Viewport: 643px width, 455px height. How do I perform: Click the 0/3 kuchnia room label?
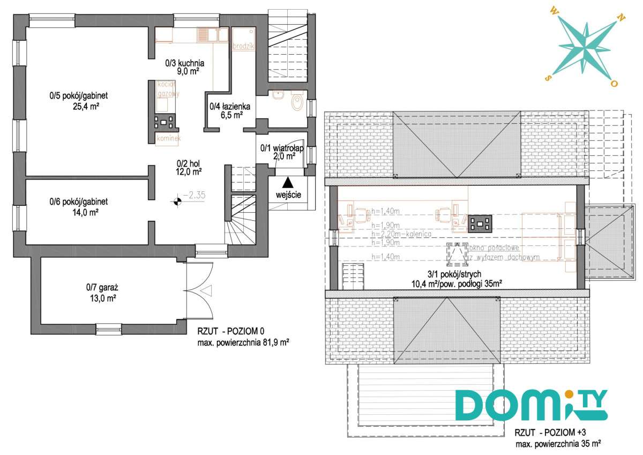click(185, 63)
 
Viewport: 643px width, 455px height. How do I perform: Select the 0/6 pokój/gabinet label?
click(79, 202)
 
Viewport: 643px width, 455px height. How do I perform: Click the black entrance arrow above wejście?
click(288, 182)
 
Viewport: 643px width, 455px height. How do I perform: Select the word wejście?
click(288, 195)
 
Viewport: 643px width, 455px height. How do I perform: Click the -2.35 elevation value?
click(194, 196)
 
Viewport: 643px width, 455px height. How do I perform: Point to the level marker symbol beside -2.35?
click(176, 202)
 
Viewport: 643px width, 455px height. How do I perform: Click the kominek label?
click(168, 139)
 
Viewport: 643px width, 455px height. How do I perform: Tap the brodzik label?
click(243, 47)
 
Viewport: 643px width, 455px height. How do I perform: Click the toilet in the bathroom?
click(297, 102)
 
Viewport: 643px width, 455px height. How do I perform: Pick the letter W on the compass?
click(554, 9)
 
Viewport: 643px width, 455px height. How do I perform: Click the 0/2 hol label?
click(190, 163)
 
